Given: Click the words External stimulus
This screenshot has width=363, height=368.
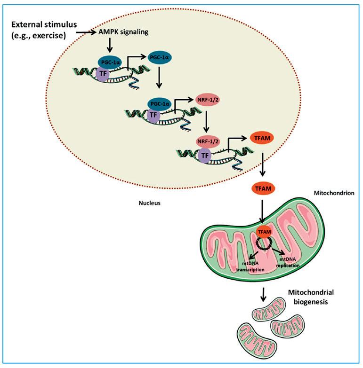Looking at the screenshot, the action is pos(44,24).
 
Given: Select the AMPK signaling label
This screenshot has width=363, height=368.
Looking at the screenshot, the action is pos(123,32).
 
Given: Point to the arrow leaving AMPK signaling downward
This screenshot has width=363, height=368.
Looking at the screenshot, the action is pos(110,46).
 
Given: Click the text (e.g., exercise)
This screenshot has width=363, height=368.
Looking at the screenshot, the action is pos(39,36).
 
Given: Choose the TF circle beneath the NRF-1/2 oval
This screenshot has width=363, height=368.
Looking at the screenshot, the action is pos(205,156).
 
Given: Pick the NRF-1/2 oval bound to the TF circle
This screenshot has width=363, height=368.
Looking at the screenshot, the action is pos(207,142).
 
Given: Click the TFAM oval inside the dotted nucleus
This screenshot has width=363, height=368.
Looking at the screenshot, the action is pos(262,138).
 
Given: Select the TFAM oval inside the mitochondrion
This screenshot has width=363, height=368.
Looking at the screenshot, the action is pos(265,232).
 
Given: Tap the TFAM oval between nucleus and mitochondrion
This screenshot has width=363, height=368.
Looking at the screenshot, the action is pos(263,188).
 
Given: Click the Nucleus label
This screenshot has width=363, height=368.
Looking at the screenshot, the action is pos(150,203).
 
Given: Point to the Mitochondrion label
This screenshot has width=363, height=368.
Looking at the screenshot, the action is pos(334,193).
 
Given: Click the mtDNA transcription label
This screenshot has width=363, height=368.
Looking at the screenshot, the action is pos(250,266).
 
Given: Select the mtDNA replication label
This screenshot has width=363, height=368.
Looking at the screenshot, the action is pos(288,263).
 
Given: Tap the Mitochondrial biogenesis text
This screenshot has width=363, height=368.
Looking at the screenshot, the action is pos(311,297).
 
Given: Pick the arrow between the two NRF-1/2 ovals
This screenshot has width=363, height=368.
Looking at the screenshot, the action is pos(206,122).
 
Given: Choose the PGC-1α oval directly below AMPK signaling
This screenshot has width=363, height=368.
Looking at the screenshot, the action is pos(110,62).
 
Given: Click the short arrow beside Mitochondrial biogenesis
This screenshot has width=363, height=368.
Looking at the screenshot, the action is pos(263,294).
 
